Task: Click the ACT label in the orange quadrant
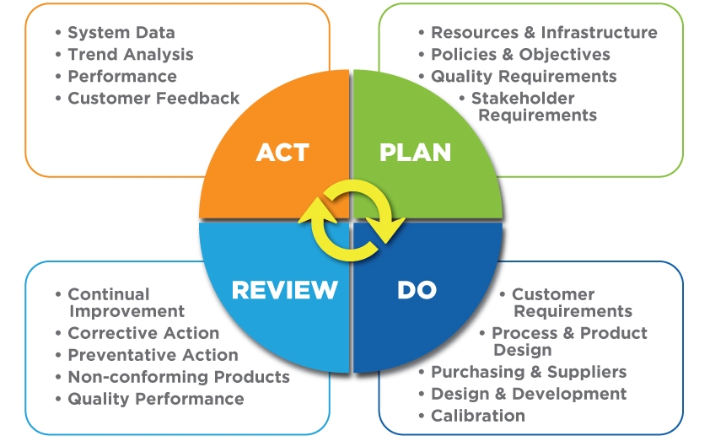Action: [282, 153]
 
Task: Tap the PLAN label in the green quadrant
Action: [415, 153]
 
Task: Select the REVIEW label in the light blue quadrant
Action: [284, 290]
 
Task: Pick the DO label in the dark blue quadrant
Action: [417, 290]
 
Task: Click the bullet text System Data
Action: [121, 33]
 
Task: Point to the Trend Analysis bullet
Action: [130, 55]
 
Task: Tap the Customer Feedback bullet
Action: [153, 99]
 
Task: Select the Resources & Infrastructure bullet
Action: [543, 33]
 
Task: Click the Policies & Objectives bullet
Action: [519, 55]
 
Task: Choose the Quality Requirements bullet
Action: [523, 77]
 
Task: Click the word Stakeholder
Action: [522, 99]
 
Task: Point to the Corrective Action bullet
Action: [143, 333]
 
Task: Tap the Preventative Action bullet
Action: [153, 355]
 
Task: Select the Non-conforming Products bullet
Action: [178, 377]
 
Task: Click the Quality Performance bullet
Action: [155, 399]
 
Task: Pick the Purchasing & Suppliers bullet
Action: [528, 372]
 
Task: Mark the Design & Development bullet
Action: [528, 394]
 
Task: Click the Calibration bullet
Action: [477, 416]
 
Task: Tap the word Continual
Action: [108, 294]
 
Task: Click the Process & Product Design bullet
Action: [568, 334]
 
